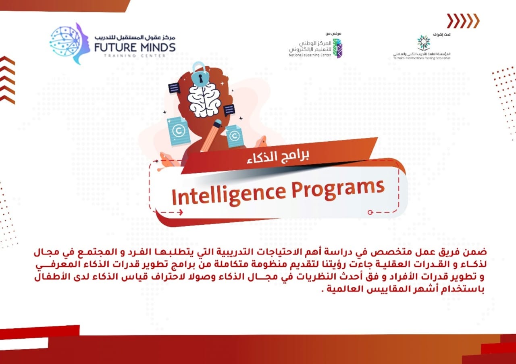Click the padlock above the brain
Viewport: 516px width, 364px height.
pyautogui.click(x=199, y=74)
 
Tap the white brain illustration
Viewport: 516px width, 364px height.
pyautogui.click(x=204, y=101)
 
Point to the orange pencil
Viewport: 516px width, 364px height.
pyautogui.click(x=211, y=136)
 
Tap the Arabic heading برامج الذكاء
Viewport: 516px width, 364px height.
pyautogui.click(x=278, y=156)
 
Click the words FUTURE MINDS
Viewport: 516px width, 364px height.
pyautogui.click(x=135, y=47)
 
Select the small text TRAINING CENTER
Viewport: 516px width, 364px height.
pyautogui.click(x=135, y=56)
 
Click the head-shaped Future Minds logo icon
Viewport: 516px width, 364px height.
pyautogui.click(x=70, y=43)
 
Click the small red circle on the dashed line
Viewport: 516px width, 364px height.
pyautogui.click(x=370, y=212)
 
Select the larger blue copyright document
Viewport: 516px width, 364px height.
pyautogui.click(x=179, y=131)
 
